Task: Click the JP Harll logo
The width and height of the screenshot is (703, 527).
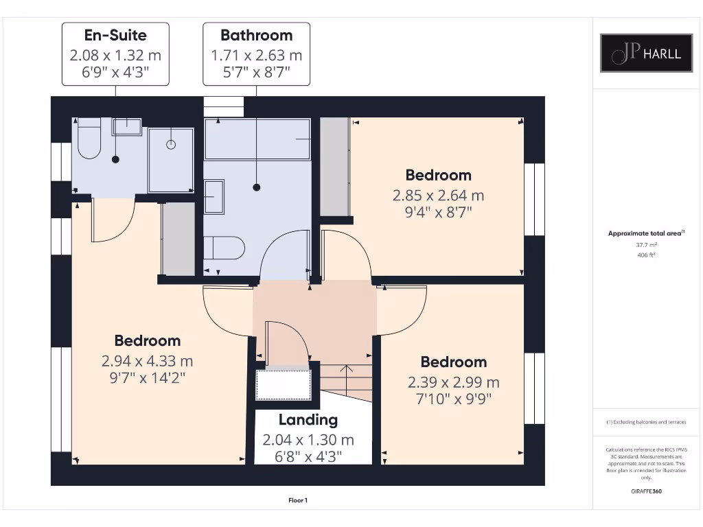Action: click(646, 53)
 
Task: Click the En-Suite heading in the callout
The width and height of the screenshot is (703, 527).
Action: click(115, 35)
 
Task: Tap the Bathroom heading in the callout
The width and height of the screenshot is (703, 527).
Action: click(256, 35)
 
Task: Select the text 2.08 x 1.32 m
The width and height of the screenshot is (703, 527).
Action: click(115, 55)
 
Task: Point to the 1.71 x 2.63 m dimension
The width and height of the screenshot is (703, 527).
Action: click(256, 55)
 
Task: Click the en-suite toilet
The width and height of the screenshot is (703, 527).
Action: click(89, 141)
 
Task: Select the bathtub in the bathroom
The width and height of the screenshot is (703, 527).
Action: click(257, 139)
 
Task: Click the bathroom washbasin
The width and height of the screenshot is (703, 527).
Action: click(214, 197)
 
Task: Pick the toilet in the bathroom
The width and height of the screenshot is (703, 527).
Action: click(225, 248)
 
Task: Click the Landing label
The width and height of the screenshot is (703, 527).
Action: click(308, 420)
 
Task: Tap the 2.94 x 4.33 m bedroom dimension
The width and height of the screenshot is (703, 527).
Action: click(147, 360)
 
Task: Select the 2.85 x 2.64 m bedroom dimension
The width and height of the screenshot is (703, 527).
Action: click(438, 195)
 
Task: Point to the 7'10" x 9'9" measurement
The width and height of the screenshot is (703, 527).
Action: click(453, 399)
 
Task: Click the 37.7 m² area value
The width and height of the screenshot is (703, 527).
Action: click(646, 244)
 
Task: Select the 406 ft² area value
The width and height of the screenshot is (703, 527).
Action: click(646, 255)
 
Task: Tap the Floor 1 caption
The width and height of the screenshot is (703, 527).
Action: click(298, 500)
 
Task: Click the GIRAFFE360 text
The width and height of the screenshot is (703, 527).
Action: click(646, 491)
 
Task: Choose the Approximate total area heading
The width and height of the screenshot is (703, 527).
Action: click(645, 233)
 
